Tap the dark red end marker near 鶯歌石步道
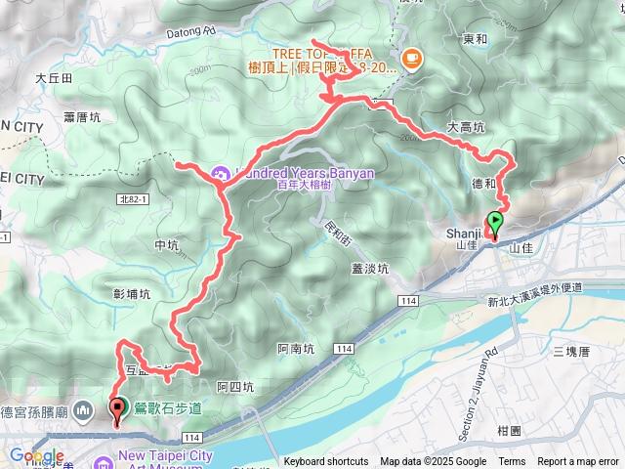click(119, 410)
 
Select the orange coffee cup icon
click(410, 60)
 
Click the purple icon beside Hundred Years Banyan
click(221, 174)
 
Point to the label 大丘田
click(54, 77)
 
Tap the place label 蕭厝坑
click(82, 117)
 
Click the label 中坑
click(167, 245)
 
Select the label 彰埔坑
click(132, 293)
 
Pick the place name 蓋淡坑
click(371, 268)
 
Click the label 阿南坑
click(295, 348)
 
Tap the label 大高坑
click(465, 127)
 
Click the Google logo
click(36, 456)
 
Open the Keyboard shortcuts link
click(326, 462)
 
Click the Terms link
click(512, 462)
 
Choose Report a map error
click(578, 462)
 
